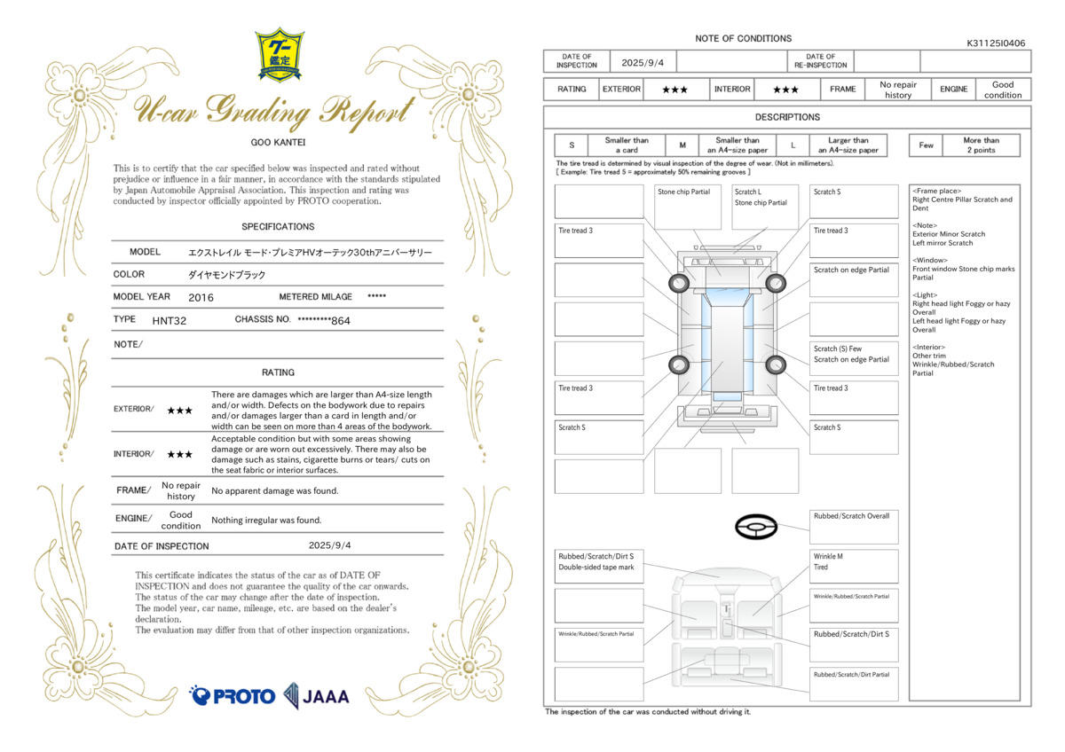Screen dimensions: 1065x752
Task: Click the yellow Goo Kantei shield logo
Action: click(x=280, y=55)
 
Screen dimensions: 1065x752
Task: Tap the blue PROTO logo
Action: click(x=232, y=696)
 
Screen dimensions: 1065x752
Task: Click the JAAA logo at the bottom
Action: click(x=316, y=696)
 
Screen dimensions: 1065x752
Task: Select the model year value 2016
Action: click(x=201, y=297)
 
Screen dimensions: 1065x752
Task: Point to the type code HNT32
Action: click(x=170, y=321)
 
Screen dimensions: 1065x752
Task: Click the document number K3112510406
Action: click(x=996, y=43)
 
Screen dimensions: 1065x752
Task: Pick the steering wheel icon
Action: click(x=756, y=527)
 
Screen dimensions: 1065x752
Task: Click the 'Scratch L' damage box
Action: click(x=765, y=208)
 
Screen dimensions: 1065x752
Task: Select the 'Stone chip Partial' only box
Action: click(x=688, y=208)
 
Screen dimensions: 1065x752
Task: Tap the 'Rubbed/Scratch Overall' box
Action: click(x=854, y=527)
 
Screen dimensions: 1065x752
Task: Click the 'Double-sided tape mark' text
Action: click(x=596, y=568)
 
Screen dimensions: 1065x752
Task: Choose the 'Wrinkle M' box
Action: click(x=854, y=567)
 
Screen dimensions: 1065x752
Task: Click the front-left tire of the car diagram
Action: click(x=678, y=283)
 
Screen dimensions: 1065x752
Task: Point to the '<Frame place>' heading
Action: click(x=936, y=191)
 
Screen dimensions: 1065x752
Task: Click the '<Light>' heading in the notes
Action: click(x=925, y=295)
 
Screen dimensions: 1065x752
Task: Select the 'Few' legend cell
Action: click(x=926, y=145)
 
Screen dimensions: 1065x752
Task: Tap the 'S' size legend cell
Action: click(x=572, y=145)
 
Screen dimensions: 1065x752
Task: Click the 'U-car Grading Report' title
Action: click(x=274, y=111)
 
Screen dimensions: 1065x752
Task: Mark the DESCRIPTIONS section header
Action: click(x=787, y=117)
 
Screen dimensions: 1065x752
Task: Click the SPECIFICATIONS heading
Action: click(x=278, y=227)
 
